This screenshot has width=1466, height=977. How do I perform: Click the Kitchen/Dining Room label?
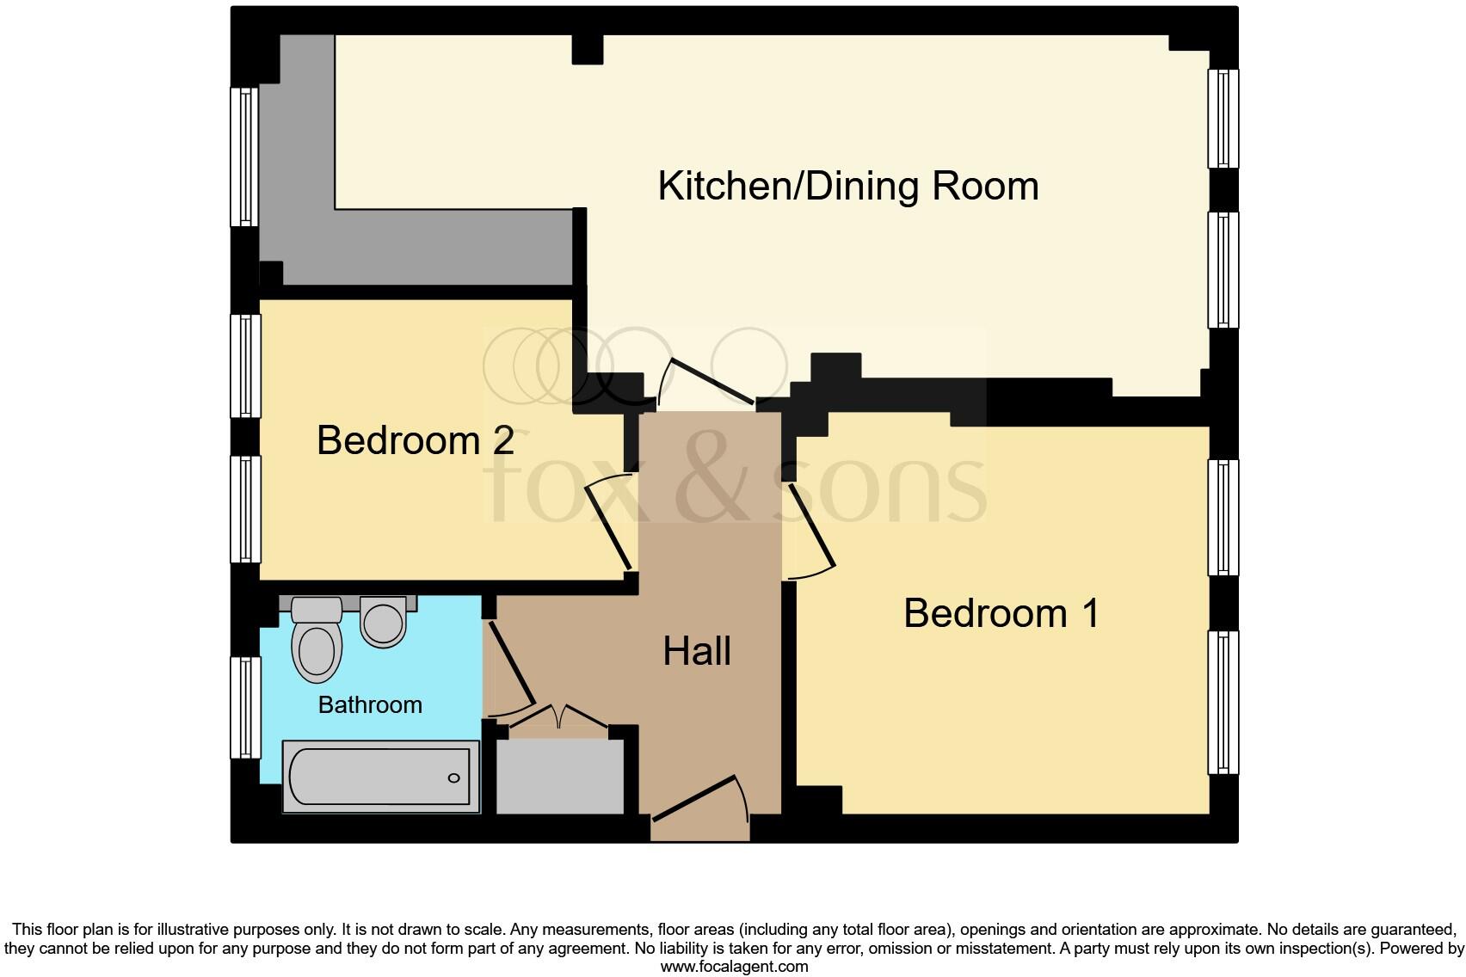[x=847, y=187]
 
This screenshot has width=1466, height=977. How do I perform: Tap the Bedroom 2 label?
[x=416, y=440]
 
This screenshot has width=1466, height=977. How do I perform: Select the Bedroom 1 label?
[x=1001, y=614]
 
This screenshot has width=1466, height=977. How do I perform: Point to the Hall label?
[x=697, y=652]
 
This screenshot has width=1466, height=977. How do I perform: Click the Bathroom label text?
[x=370, y=705]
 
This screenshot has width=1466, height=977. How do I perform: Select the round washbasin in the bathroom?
[x=383, y=621]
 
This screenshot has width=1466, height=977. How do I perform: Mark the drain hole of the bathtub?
[x=453, y=778]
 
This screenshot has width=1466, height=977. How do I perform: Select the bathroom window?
[x=245, y=707]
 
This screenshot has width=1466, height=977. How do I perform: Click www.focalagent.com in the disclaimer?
[x=734, y=967]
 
